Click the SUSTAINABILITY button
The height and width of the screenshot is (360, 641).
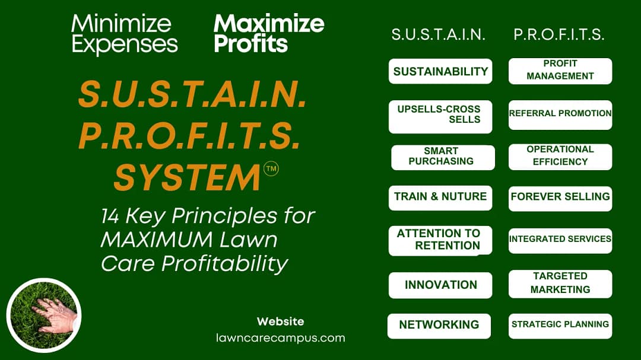click(x=440, y=71)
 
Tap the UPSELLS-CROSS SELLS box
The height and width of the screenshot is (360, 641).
click(x=440, y=116)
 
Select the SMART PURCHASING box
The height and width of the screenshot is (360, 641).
click(x=443, y=157)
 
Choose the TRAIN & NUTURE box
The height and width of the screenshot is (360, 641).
click(x=440, y=197)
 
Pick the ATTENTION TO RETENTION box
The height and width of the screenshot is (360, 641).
click(x=440, y=240)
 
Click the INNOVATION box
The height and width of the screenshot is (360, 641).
click(x=440, y=285)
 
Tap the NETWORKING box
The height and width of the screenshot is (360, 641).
click(x=439, y=326)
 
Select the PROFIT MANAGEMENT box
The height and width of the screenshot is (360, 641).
click(x=560, y=71)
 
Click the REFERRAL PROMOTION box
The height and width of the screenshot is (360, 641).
click(x=560, y=114)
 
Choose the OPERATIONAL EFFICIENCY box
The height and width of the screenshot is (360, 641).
click(x=560, y=157)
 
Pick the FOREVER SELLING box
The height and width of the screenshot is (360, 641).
click(x=560, y=197)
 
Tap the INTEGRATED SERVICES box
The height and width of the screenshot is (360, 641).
click(x=560, y=240)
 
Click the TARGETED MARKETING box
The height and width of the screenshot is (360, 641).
click(x=560, y=283)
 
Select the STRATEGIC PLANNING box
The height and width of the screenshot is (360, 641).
click(x=560, y=325)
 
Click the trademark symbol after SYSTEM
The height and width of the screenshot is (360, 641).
click(x=271, y=169)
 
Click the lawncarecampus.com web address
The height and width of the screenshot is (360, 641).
click(x=280, y=338)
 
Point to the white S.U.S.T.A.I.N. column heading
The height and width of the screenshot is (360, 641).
click(x=439, y=35)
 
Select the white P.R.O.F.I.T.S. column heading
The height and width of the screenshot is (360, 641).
click(x=559, y=35)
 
